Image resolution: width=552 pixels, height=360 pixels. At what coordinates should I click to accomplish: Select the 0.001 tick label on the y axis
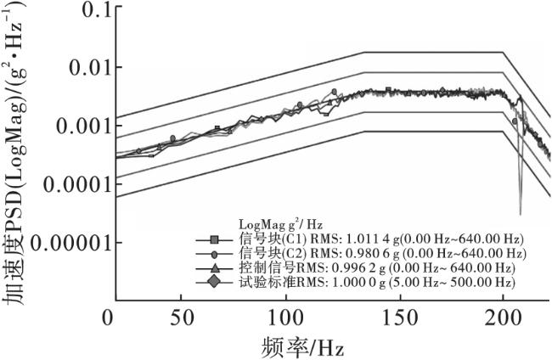(x=71, y=126)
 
